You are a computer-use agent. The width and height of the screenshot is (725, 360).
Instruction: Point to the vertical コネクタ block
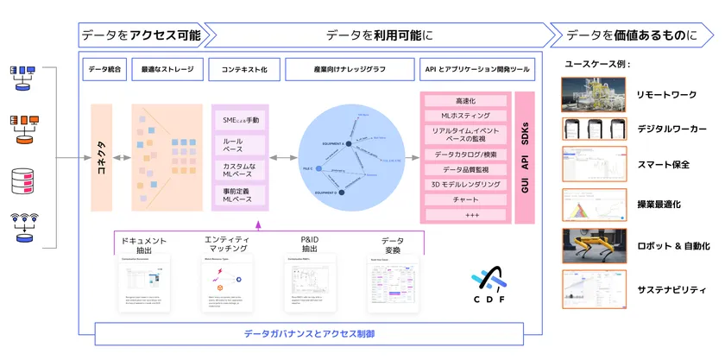(101, 158)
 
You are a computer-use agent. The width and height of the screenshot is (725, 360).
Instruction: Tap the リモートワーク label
(666, 94)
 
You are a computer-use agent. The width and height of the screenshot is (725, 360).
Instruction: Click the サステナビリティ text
(671, 290)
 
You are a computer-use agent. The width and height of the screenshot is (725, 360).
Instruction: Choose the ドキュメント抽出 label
(145, 243)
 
